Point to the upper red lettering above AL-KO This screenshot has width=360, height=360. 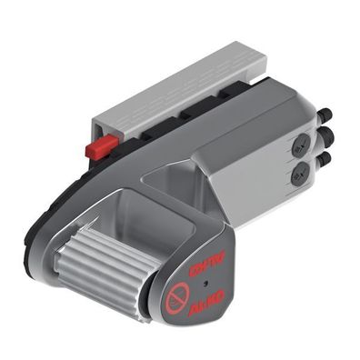click(205, 267)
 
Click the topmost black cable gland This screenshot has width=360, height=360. click(325, 115)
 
